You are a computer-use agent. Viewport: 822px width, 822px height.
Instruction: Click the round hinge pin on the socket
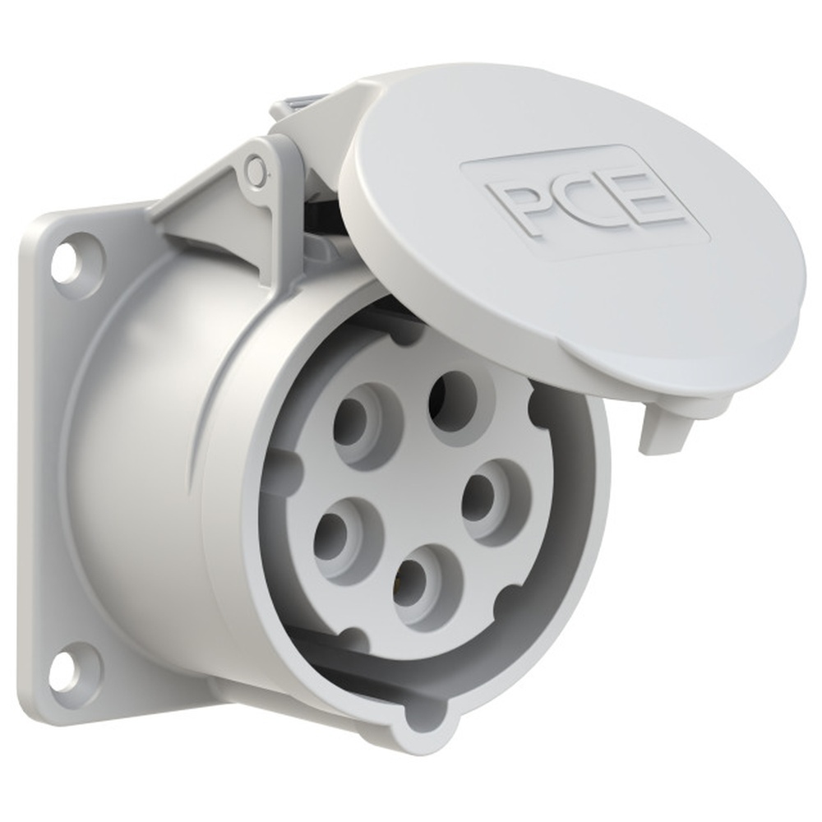[x=256, y=170]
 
